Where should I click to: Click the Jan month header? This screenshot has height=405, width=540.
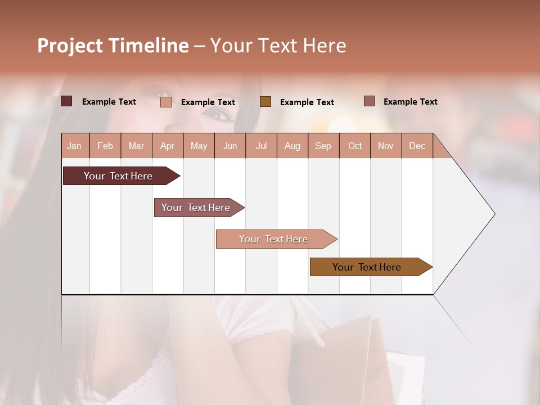point(74,146)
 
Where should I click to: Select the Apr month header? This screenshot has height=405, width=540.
point(167,146)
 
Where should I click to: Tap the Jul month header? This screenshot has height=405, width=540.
point(261,146)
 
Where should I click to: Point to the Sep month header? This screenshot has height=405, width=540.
point(323,146)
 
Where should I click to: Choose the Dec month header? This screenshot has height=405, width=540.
point(417,146)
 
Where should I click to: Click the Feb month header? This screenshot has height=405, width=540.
point(105,146)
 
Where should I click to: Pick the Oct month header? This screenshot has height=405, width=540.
point(355,146)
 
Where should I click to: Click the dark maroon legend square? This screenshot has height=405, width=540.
point(67,101)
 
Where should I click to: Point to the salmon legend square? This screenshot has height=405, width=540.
point(166,102)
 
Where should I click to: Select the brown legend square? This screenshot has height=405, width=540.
point(265,101)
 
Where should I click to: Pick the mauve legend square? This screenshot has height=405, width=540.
point(370,101)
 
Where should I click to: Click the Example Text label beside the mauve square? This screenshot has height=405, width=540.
point(410,102)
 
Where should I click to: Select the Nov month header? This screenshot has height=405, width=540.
point(386,146)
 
